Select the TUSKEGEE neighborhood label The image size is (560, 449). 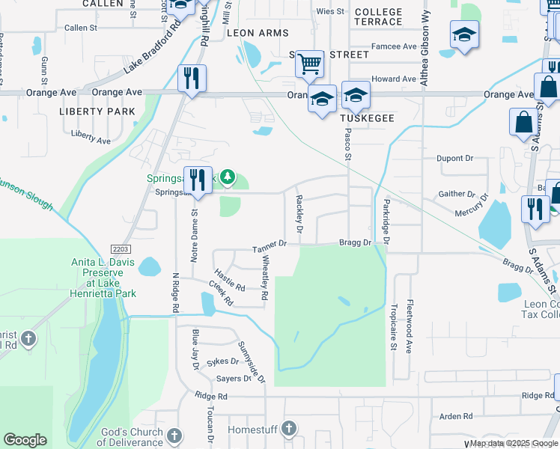click(367, 119)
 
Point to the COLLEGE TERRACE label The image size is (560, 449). click(378, 16)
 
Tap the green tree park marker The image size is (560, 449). click(228, 177)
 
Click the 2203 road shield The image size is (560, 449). click(123, 248)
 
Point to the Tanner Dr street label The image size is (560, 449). click(270, 244)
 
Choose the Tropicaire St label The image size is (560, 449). click(393, 326)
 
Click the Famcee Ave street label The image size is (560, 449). click(394, 46)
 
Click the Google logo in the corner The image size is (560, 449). click(25, 440)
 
